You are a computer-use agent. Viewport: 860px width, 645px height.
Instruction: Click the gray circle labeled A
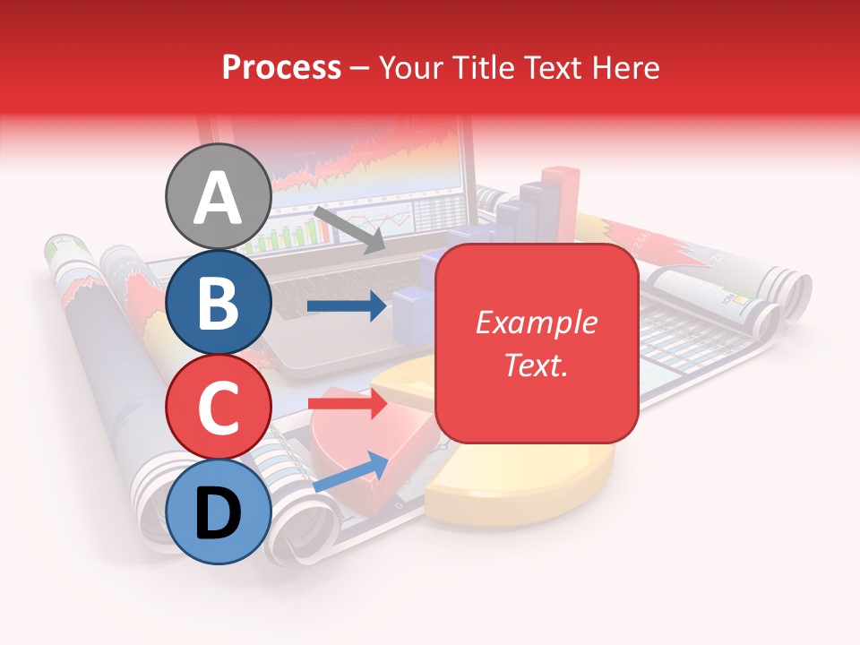click(218, 196)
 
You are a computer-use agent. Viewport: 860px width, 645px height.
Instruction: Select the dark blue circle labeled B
click(218, 302)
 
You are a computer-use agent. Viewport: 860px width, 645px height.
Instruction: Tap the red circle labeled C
click(218, 407)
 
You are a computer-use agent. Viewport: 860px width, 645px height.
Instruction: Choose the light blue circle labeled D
click(218, 512)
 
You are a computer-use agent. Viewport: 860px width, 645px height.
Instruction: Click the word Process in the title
click(281, 67)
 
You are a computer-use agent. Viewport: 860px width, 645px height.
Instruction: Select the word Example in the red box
click(536, 322)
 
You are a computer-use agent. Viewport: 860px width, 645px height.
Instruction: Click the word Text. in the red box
click(536, 365)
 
